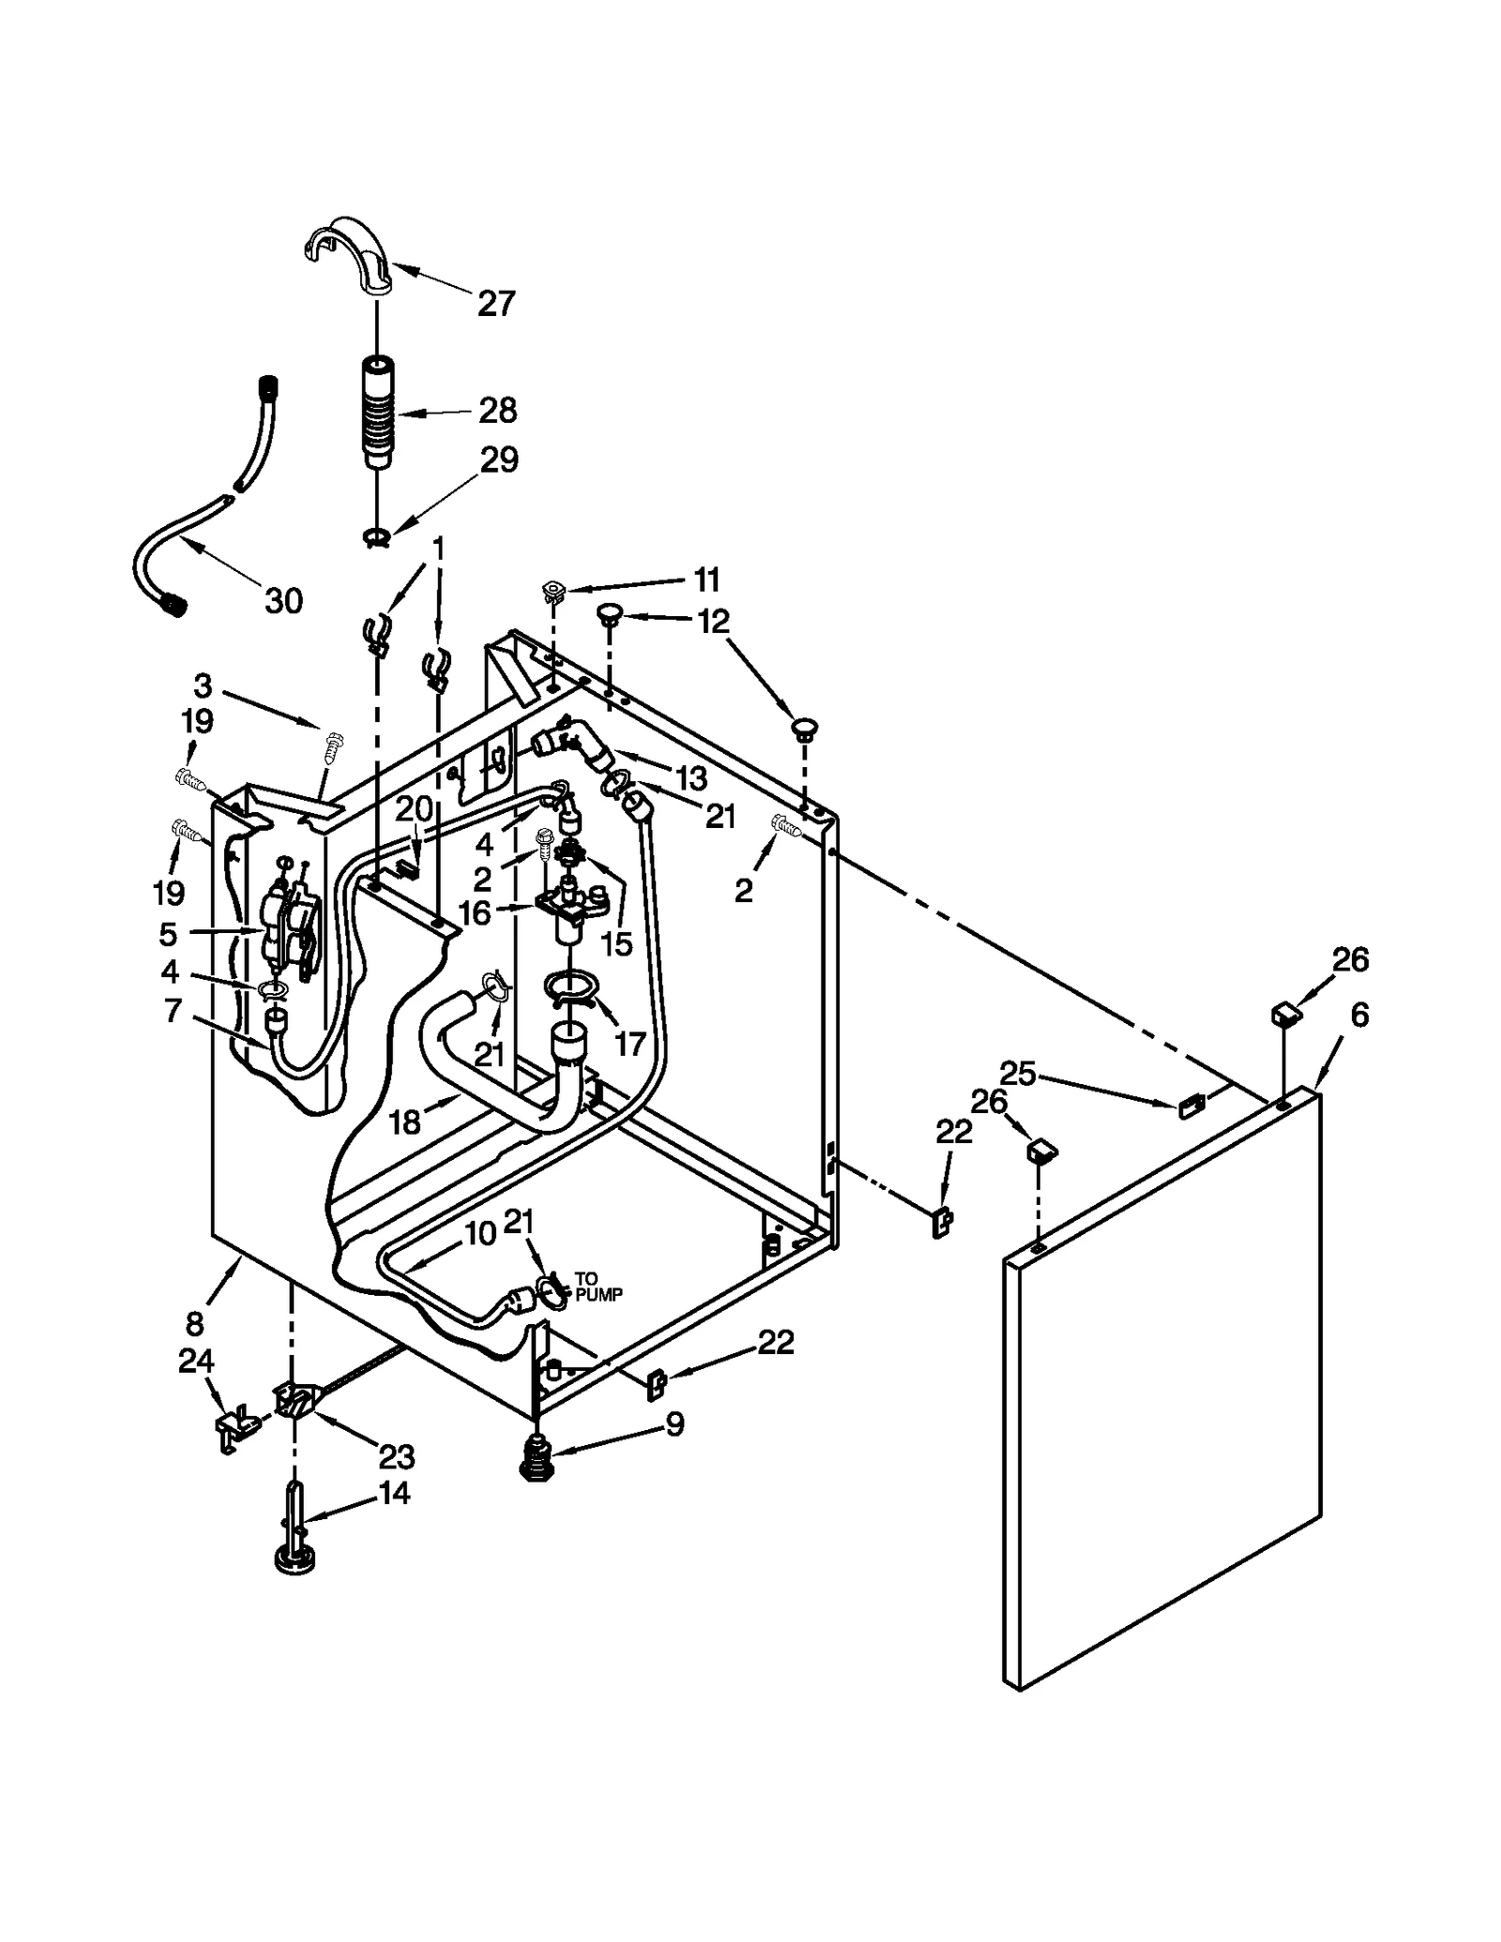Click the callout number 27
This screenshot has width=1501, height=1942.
coord(496,304)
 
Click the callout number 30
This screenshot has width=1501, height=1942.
coord(283,600)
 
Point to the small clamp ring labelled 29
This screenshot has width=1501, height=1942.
coord(375,537)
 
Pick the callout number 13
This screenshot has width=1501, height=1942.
coord(690,777)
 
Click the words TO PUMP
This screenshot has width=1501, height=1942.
coord(598,1287)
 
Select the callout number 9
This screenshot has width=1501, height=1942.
coord(675,1424)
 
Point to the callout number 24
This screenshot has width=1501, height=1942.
coord(196,1361)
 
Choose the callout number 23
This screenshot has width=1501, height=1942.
coord(396,1456)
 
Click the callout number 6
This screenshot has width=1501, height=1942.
coord(1359,1015)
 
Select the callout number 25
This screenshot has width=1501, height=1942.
coord(1017,1073)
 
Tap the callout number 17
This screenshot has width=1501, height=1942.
coord(629,1043)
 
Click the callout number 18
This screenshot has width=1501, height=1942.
coord(404,1122)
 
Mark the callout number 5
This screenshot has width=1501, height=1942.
coord(168,934)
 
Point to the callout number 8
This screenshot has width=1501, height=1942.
coord(194,1324)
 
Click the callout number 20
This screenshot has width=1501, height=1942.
coord(413,807)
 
